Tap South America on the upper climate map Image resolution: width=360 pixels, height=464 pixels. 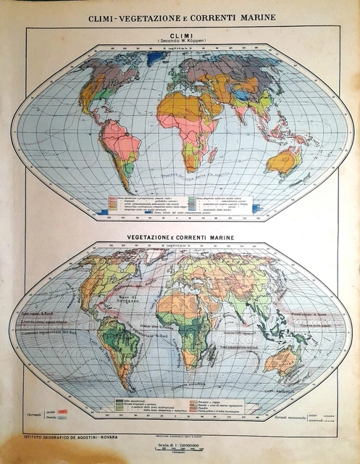pyautogui.click(x=120, y=149)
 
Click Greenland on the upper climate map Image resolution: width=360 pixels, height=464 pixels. pyautogui.click(x=155, y=58)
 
